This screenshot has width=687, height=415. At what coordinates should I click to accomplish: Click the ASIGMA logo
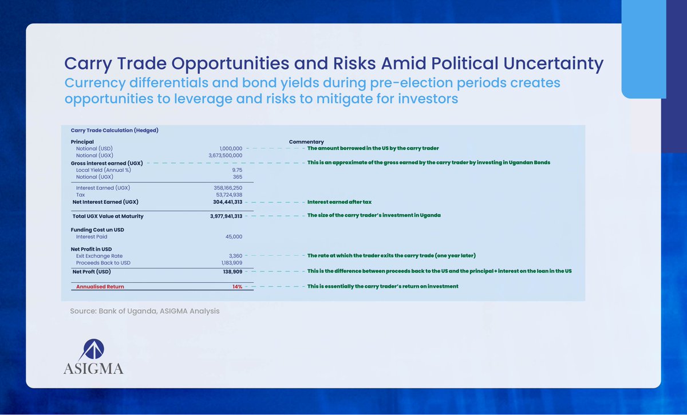click(93, 355)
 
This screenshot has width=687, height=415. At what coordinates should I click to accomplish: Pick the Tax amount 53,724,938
click(228, 195)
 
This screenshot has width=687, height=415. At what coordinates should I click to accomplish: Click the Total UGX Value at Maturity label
click(108, 216)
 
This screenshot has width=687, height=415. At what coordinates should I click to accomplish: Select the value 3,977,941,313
click(226, 216)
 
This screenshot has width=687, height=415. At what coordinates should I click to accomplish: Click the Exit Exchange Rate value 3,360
click(234, 256)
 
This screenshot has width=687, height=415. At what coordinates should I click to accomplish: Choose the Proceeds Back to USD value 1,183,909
click(230, 263)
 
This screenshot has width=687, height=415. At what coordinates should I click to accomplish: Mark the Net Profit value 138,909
click(231, 271)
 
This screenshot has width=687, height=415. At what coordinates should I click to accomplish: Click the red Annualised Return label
click(100, 286)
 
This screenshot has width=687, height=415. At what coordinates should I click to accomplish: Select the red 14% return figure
click(237, 286)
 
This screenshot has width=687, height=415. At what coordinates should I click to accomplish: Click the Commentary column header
click(306, 141)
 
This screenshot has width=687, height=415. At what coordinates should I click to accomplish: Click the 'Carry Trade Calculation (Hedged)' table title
click(114, 130)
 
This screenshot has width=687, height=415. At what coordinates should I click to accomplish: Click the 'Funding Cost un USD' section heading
click(97, 230)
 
